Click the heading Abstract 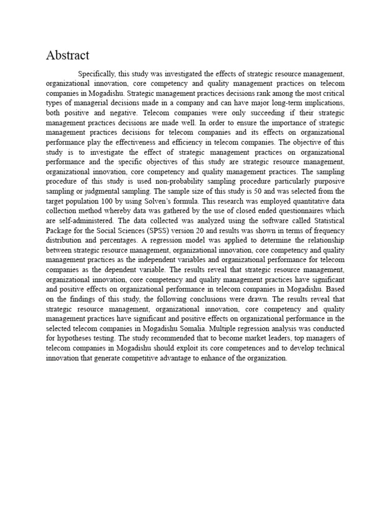(x=68, y=55)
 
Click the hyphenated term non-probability (x=176, y=182)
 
